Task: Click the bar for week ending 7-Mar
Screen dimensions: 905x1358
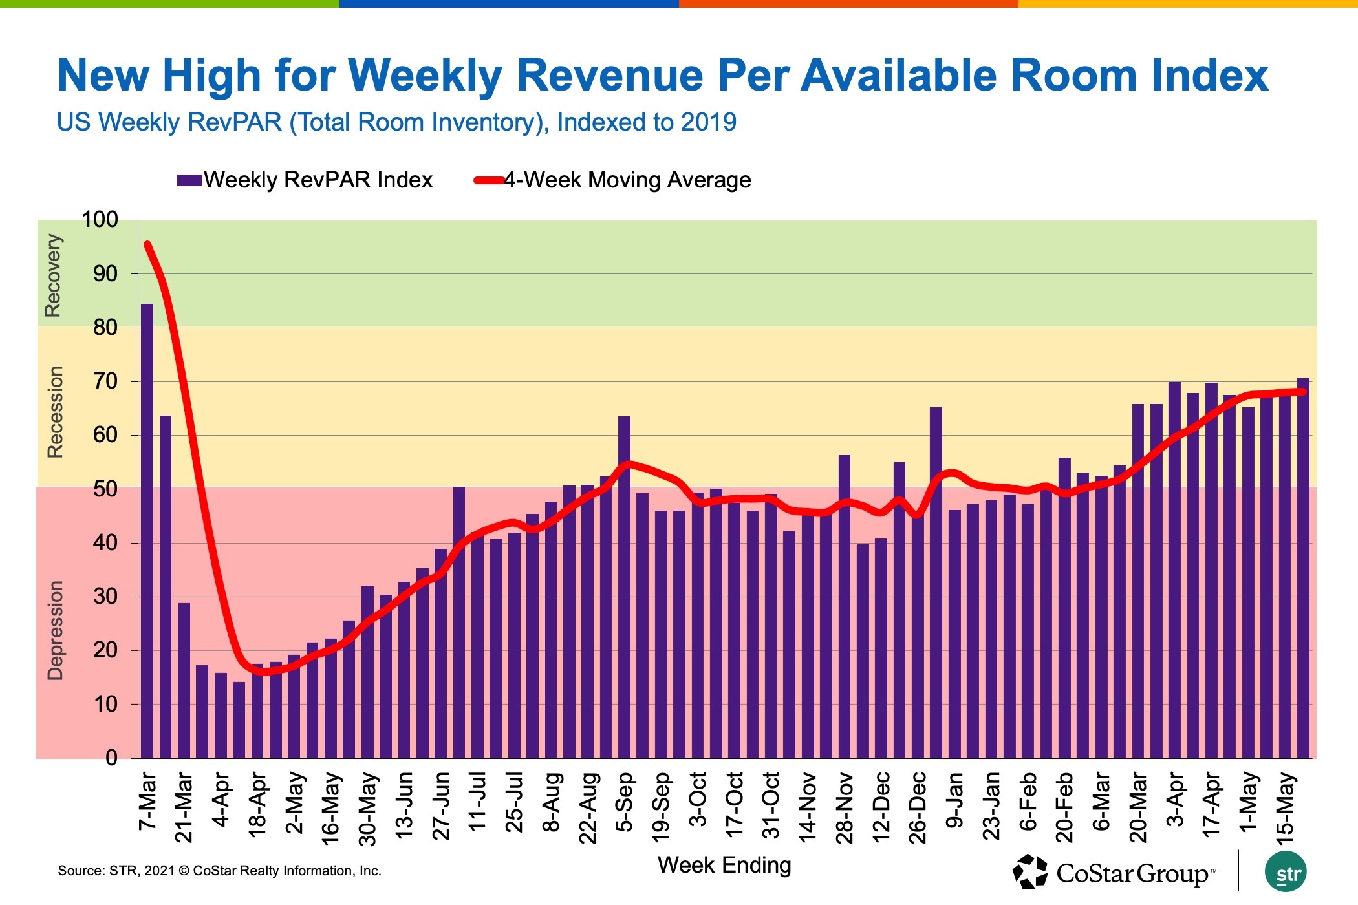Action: coord(147,530)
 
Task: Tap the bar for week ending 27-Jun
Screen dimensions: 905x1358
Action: coord(440,653)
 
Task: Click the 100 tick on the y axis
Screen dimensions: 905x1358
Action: coord(100,220)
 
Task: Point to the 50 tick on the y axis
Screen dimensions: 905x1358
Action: coord(105,489)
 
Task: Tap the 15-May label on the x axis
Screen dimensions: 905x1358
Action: coord(1286,808)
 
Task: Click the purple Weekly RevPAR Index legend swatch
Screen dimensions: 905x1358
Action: coord(189,180)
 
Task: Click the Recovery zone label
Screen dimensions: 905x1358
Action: coord(53,275)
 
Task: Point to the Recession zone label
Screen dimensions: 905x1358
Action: coord(56,412)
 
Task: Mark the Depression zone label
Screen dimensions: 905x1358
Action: coord(56,630)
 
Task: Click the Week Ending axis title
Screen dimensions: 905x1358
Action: coord(724,865)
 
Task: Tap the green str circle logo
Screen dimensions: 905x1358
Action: coord(1286,873)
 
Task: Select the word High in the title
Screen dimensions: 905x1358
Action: coord(212,76)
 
